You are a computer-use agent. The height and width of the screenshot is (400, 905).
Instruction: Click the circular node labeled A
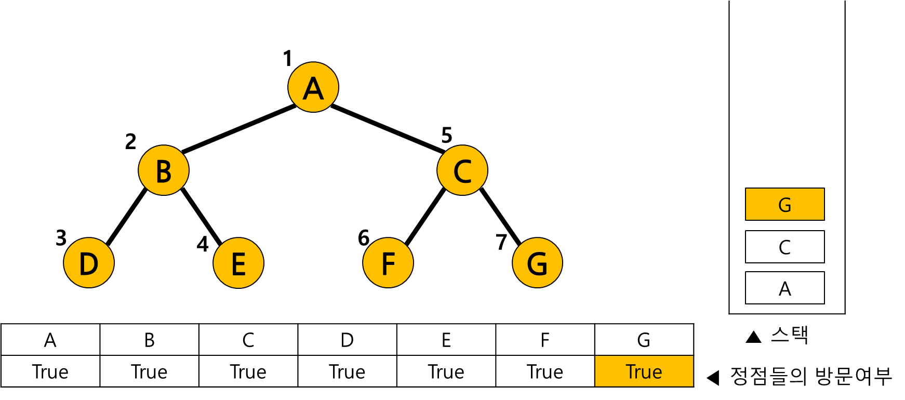(313, 87)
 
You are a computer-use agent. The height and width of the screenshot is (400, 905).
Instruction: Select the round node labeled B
(164, 170)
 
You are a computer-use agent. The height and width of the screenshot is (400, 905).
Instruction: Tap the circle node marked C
(462, 170)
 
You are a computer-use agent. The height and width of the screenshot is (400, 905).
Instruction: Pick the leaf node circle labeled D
(89, 263)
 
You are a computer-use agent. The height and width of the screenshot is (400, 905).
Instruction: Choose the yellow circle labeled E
(238, 263)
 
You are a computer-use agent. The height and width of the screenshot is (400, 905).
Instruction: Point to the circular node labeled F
(388, 263)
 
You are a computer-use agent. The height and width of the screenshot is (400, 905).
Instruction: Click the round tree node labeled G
(537, 263)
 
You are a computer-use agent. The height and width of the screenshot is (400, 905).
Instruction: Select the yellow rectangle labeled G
(784, 204)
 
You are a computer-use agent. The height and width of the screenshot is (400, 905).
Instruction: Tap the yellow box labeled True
(644, 371)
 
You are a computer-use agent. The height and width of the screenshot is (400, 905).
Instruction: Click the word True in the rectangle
(644, 372)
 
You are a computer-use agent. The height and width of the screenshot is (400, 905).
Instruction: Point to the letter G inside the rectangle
(784, 205)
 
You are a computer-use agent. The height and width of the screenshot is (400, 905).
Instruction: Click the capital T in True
(631, 372)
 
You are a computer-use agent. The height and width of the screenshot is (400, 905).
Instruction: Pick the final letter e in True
(658, 374)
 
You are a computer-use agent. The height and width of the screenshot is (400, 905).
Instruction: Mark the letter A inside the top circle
(313, 88)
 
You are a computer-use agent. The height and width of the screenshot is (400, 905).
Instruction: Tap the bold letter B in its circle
(164, 171)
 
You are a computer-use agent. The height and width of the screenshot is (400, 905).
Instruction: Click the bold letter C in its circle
(462, 171)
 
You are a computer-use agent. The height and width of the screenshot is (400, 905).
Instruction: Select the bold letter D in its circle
(89, 264)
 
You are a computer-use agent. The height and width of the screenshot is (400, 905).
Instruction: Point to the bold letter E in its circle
(238, 264)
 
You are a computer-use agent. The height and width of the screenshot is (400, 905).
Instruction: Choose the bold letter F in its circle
(388, 264)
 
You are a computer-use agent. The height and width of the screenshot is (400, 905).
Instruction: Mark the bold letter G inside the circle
(537, 264)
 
